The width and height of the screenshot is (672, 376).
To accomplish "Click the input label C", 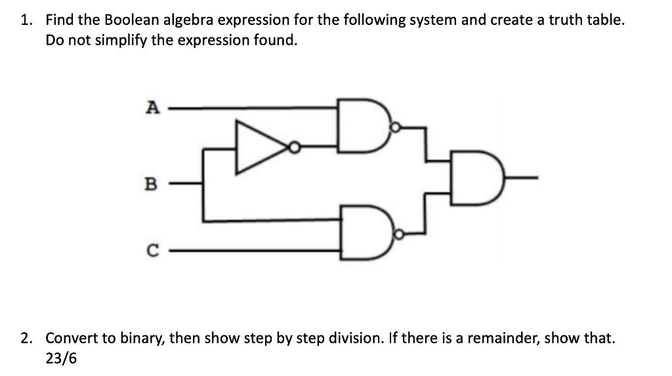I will coord(152,250).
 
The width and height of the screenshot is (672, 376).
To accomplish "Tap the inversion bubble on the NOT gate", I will coord(295,148).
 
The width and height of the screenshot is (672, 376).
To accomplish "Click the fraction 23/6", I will coord(60,359).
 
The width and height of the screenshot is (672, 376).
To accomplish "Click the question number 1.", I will coord(25,20).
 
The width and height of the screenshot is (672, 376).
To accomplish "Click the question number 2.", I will coord(25,339).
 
